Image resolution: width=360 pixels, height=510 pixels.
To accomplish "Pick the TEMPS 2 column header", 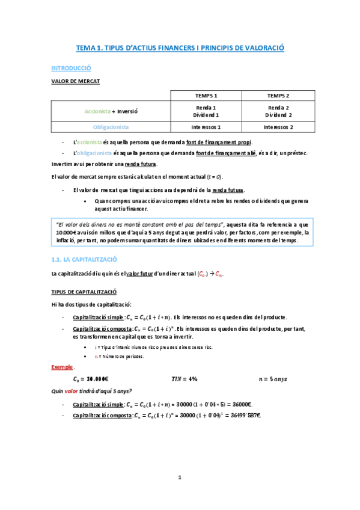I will [278, 96].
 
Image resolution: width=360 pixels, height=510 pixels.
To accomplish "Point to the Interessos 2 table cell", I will [278, 127].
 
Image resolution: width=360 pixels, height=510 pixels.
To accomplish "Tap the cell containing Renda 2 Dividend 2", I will [278, 111].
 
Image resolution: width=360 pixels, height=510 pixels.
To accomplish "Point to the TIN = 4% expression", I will [185, 379].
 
